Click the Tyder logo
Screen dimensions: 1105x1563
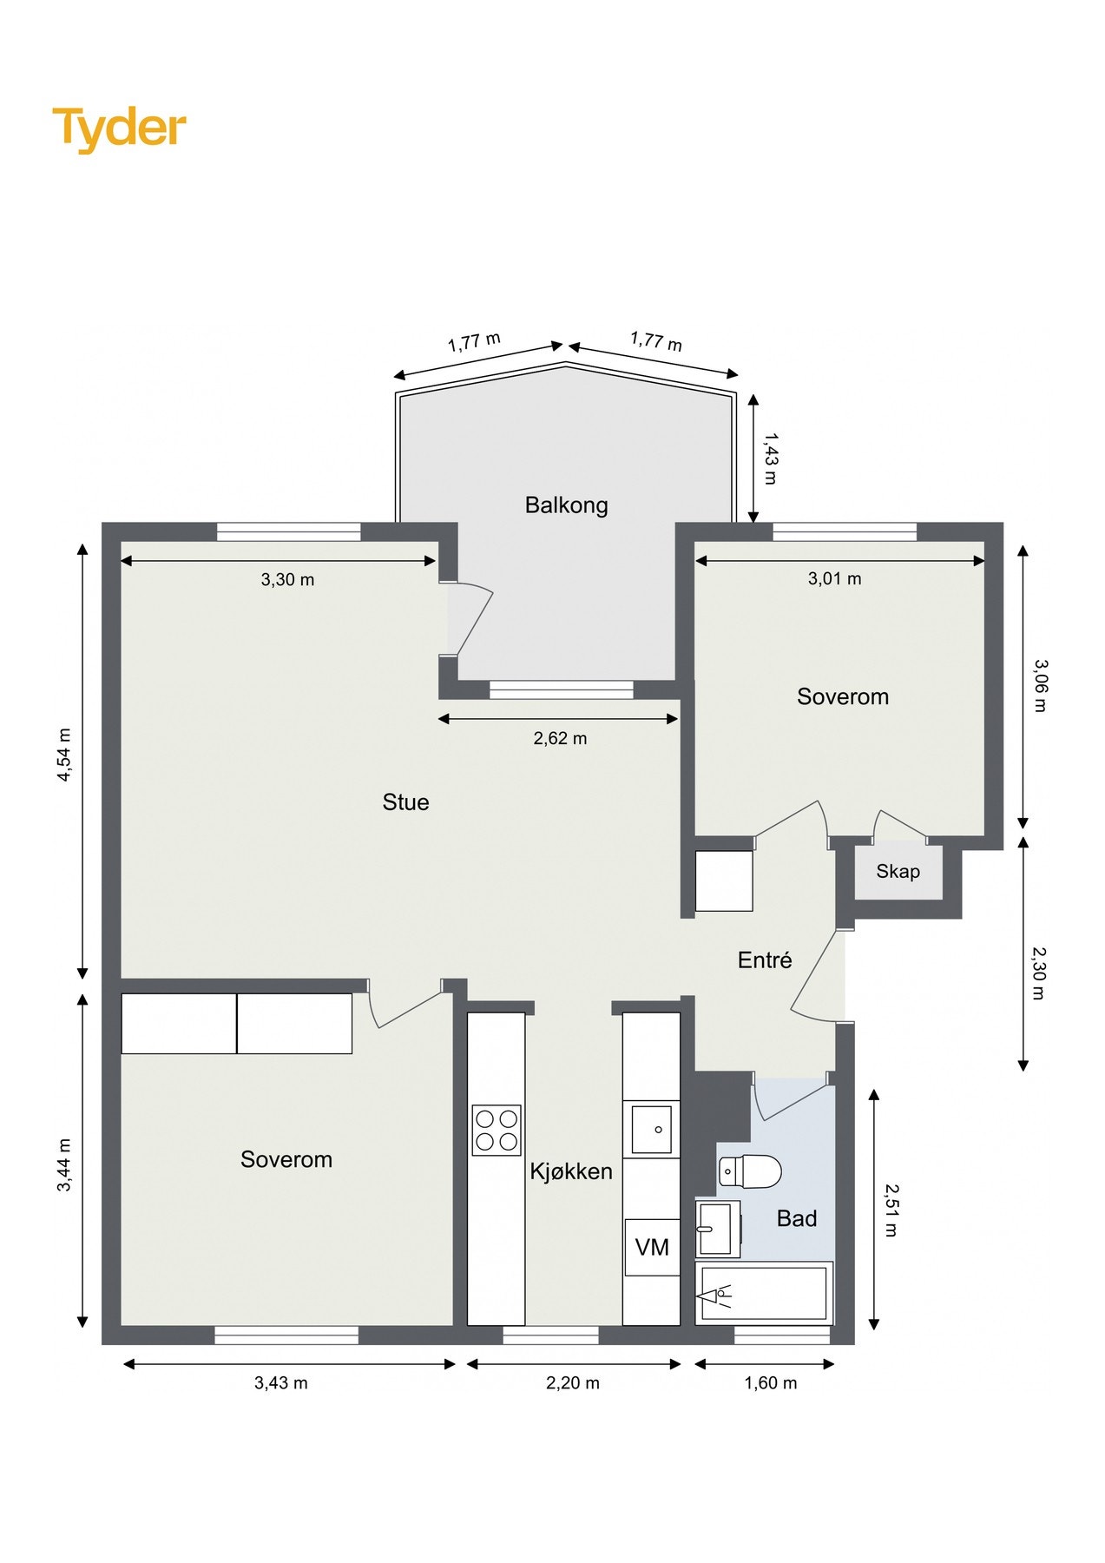pyautogui.click(x=119, y=129)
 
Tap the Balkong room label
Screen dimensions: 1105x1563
pyautogui.click(x=566, y=505)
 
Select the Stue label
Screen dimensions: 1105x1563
pyautogui.click(x=405, y=801)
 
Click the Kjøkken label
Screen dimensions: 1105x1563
pyautogui.click(x=571, y=1171)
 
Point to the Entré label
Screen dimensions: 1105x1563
pyautogui.click(x=765, y=960)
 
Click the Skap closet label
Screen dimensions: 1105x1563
pyautogui.click(x=898, y=871)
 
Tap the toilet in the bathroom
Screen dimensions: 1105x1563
pyautogui.click(x=751, y=1171)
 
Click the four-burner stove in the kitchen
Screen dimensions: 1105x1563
pyautogui.click(x=497, y=1130)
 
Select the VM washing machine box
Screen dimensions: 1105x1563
pyautogui.click(x=652, y=1247)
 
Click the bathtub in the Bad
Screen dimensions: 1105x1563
pyautogui.click(x=764, y=1293)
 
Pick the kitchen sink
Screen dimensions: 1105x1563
pyautogui.click(x=651, y=1129)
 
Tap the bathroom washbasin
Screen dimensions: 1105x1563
pyautogui.click(x=717, y=1229)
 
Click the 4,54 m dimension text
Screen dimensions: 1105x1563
pyautogui.click(x=64, y=755)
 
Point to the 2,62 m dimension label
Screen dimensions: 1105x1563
pyautogui.click(x=560, y=738)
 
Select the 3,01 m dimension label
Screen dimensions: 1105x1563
pyautogui.click(x=834, y=578)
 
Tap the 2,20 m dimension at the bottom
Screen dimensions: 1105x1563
pyautogui.click(x=572, y=1382)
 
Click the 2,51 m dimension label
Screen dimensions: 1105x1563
pyautogui.click(x=891, y=1210)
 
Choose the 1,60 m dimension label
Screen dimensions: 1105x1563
pyautogui.click(x=770, y=1382)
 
